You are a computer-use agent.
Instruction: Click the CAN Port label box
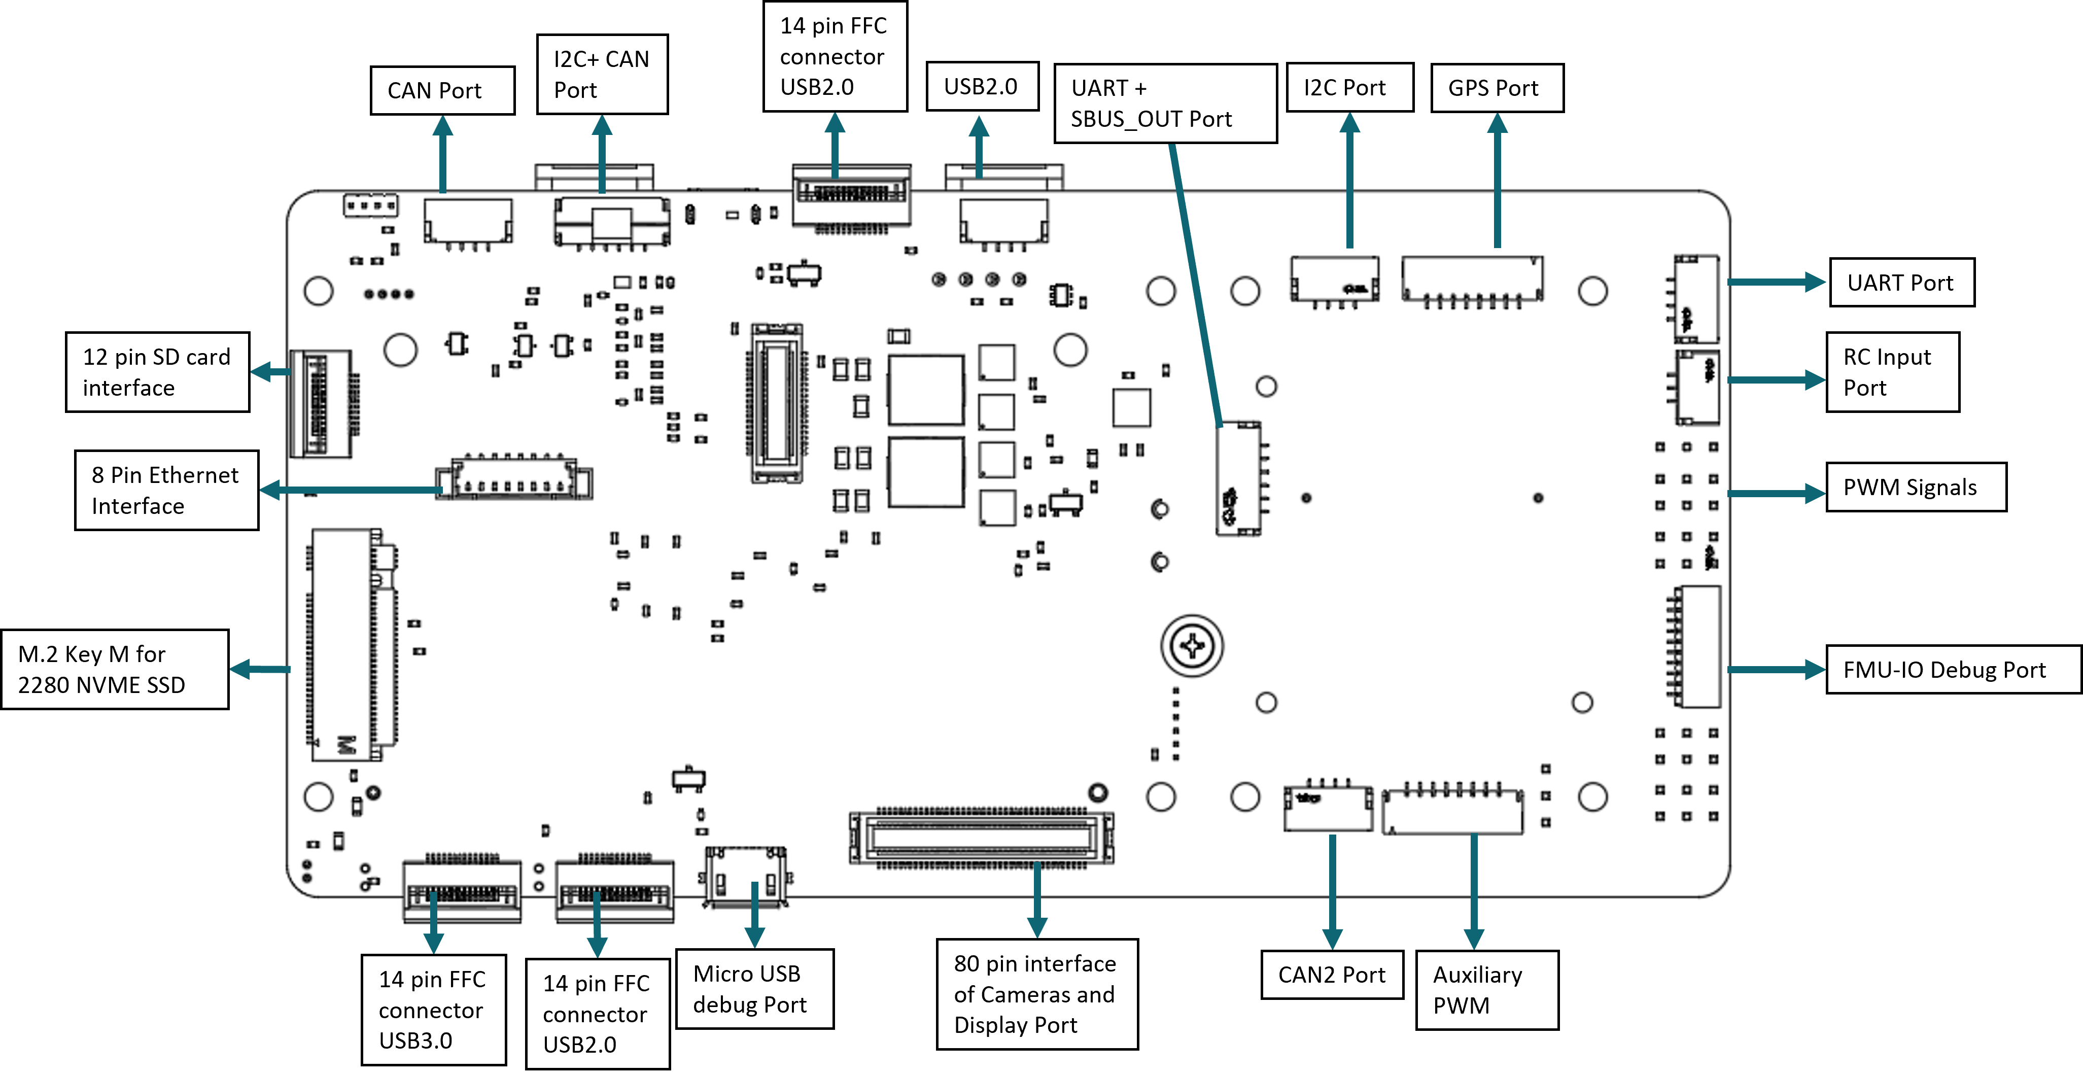coord(441,91)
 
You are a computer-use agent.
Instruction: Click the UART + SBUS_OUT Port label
coord(1164,103)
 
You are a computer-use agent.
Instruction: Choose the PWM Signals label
coord(1915,487)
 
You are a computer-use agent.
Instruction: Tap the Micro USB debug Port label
coord(754,988)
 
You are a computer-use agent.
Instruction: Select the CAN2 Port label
coord(1332,975)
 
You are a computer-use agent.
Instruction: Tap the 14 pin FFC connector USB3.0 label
coord(433,1010)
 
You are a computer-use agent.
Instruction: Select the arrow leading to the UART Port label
coord(1776,282)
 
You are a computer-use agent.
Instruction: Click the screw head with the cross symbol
coord(1192,645)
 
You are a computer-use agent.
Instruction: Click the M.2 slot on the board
coord(348,645)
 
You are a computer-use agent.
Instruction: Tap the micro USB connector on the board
coord(745,877)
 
